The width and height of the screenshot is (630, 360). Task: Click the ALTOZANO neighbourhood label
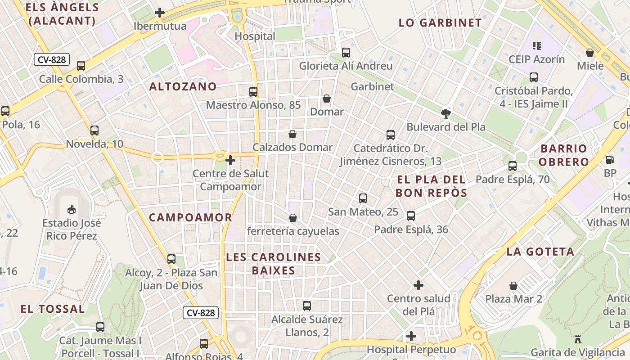183,86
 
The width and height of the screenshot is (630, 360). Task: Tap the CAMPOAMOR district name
190,217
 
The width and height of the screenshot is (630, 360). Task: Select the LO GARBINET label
440,23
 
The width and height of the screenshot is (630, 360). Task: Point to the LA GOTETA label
540,252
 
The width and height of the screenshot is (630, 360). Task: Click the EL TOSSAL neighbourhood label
53,309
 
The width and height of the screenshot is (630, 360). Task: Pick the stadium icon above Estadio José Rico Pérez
71,209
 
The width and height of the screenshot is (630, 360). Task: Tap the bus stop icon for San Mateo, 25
363,198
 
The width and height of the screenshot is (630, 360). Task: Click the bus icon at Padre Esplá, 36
411,216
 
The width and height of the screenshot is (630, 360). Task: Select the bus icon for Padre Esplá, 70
513,166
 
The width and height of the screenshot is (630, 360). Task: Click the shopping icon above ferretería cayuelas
293,218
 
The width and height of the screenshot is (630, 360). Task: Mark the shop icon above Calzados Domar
292,134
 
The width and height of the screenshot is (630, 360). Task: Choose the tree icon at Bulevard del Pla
446,113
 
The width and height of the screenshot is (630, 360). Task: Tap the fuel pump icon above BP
610,159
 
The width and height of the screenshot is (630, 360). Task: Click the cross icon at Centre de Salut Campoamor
230,160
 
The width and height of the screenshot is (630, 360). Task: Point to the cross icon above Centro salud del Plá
418,285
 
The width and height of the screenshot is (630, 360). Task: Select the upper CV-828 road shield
52,59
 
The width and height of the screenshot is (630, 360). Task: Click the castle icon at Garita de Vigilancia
578,338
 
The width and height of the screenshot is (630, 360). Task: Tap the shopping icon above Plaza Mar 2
513,286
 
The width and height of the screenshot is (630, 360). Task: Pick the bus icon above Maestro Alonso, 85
253,92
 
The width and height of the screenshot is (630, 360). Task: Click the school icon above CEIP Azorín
536,45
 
